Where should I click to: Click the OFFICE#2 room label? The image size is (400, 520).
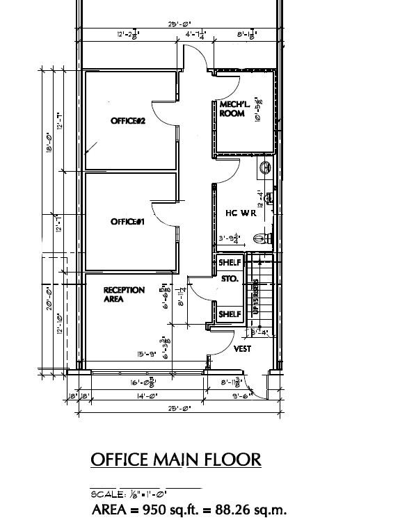(x=127, y=121)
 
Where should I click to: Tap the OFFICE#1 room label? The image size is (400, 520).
(x=127, y=222)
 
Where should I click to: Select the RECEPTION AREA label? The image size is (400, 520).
(x=124, y=294)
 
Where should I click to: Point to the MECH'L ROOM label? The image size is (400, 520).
(x=232, y=109)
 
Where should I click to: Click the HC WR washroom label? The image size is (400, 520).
(x=241, y=213)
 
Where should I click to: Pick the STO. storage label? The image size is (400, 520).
(x=230, y=279)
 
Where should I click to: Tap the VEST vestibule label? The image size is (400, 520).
(x=242, y=349)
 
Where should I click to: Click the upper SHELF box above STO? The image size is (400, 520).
(x=230, y=263)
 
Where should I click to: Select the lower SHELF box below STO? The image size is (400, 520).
(x=230, y=314)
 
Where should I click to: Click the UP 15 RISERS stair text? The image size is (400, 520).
(x=256, y=297)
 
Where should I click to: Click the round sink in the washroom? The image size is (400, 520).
(x=265, y=168)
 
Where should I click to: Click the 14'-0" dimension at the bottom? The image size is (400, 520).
(x=146, y=396)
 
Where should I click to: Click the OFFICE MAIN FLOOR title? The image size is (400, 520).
(x=176, y=460)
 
